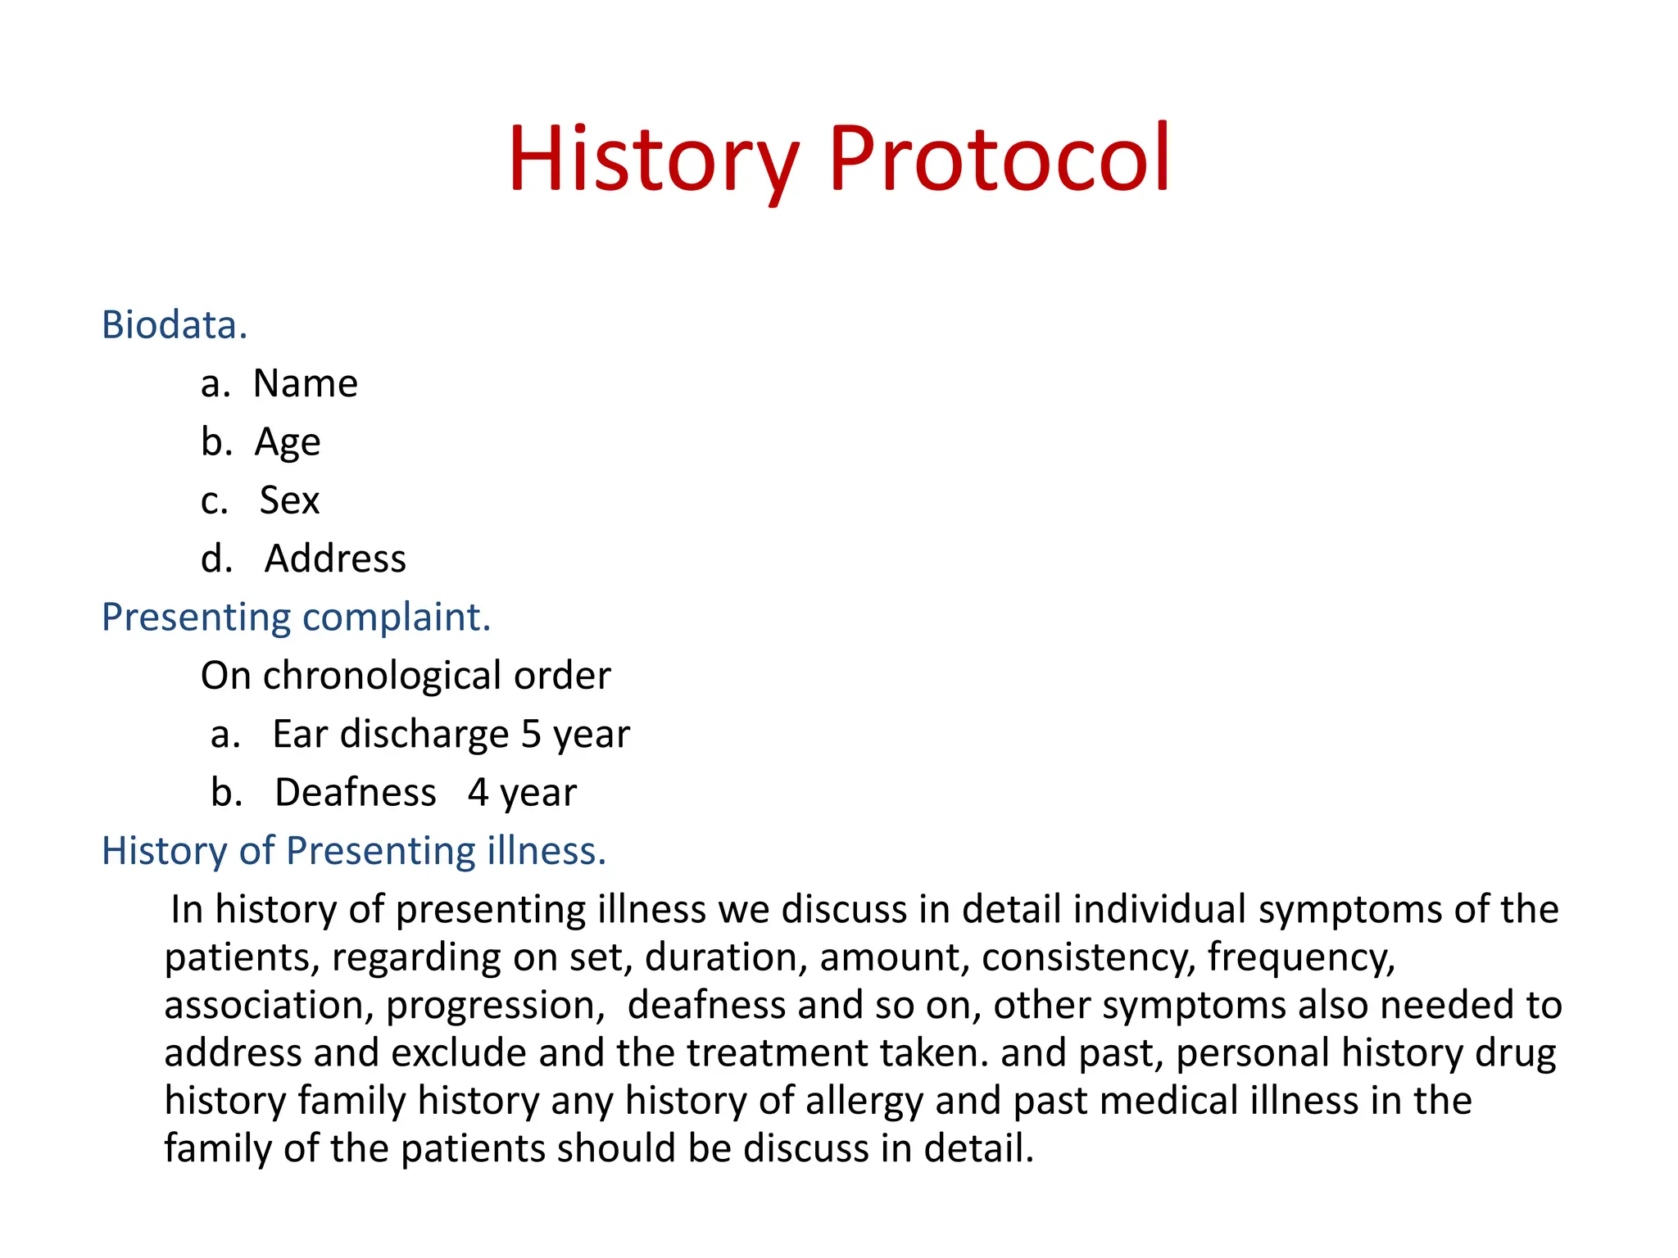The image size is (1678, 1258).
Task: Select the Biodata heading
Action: pos(174,325)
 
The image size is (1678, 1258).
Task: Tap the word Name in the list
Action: pos(306,383)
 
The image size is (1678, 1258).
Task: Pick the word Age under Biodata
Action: pos(288,443)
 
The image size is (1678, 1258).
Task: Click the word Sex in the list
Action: pos(289,500)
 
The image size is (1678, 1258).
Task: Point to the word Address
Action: pos(335,559)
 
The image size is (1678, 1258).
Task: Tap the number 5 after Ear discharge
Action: pos(531,734)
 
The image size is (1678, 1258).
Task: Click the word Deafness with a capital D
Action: pos(356,793)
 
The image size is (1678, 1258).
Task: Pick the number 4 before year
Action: pos(478,793)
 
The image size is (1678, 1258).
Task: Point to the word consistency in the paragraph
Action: pos(1088,957)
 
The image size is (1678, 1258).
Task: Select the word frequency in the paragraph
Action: pos(1300,957)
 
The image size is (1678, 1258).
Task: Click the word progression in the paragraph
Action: pos(496,1006)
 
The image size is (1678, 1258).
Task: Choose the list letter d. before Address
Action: pos(216,559)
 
